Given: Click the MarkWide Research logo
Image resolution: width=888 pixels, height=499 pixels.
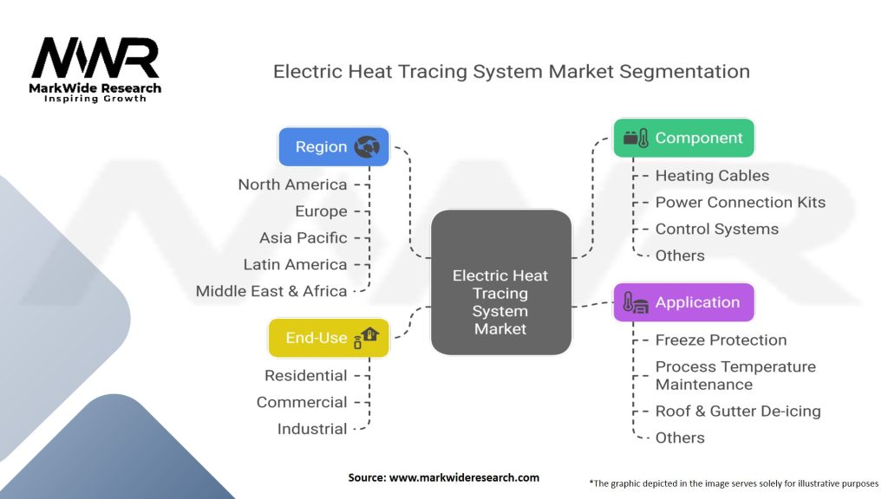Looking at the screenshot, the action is point(96,67).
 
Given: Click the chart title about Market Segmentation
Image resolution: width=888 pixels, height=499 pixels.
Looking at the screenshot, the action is point(512,71).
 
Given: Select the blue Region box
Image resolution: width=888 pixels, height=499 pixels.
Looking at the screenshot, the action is point(334,146).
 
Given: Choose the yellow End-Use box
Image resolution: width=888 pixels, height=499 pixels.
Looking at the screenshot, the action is point(329,338).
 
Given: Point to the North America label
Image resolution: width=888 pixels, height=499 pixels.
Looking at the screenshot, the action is point(292,185).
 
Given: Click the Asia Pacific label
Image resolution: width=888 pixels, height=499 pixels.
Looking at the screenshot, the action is point(303,237).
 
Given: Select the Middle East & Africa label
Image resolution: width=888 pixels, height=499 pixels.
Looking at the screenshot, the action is point(271,291).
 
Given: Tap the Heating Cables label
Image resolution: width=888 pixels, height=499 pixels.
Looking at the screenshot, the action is point(712,176).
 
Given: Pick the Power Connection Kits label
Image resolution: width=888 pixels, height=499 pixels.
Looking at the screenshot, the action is point(740,203).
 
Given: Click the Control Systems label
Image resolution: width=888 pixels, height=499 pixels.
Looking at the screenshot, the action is point(716,229).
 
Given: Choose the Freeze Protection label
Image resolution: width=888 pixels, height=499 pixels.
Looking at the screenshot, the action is point(721,340).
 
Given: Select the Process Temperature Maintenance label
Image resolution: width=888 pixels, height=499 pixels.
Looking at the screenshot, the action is point(735,375).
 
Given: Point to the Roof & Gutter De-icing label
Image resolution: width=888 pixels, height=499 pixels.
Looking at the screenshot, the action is point(737,411).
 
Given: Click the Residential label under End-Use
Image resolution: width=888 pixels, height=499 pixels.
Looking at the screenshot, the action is point(305,376).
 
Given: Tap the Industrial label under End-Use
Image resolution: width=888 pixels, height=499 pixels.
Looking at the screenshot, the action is point(311,429).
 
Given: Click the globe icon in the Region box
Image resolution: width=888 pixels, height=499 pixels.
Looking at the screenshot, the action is point(367,146).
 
